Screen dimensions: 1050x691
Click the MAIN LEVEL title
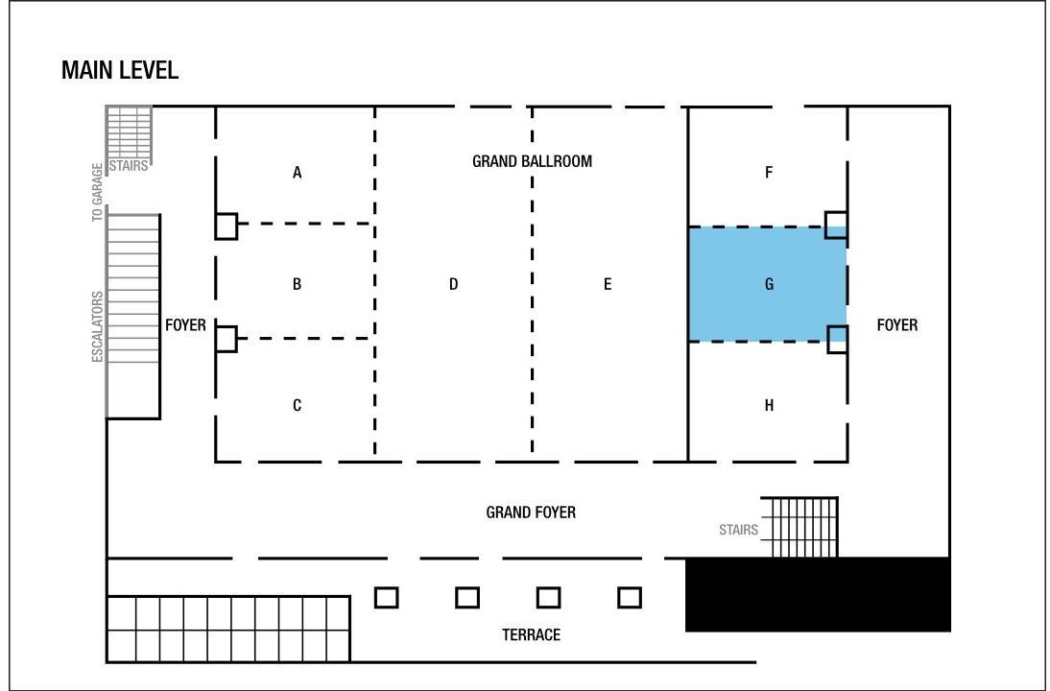(120, 70)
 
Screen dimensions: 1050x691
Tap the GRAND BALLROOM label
(533, 161)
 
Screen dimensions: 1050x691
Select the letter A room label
(298, 173)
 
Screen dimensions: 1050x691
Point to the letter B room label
(298, 285)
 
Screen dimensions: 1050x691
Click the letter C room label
(298, 406)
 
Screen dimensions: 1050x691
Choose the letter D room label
(453, 285)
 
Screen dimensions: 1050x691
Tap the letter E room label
(608, 285)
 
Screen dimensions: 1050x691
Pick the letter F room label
(769, 173)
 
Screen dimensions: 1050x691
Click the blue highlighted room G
(768, 285)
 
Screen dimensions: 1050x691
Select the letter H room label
(769, 406)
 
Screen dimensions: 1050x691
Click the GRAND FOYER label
(531, 512)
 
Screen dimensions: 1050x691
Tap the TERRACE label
(531, 634)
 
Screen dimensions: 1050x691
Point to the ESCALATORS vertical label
(98, 326)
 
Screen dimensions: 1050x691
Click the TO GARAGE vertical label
(98, 192)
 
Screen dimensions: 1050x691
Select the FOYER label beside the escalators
(185, 325)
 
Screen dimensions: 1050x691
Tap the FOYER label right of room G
(897, 325)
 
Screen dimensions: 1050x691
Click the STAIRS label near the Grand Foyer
(739, 531)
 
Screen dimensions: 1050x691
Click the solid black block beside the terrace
(818, 595)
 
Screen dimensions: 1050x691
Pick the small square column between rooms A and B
(227, 226)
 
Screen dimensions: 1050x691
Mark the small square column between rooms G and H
(837, 340)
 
